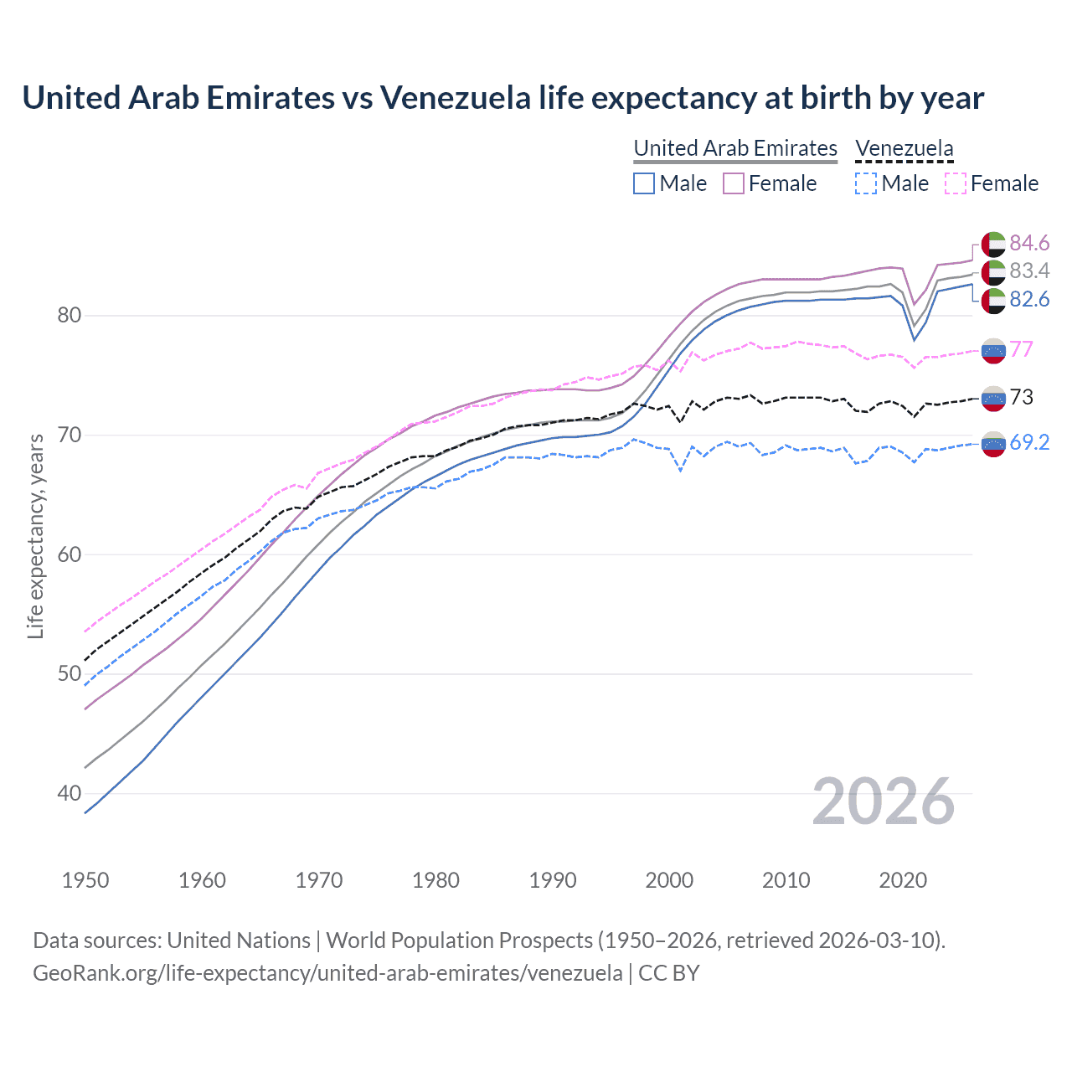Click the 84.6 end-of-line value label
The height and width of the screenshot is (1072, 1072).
pos(1028,243)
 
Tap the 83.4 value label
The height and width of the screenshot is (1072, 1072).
pos(1028,271)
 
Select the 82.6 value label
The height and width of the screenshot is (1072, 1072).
pos(1028,299)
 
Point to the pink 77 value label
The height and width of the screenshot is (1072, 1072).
pos(1021,349)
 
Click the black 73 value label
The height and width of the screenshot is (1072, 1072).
pos(1021,397)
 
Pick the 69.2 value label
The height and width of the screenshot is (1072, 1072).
pos(1028,442)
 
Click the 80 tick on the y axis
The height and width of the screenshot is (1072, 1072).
pos(70,316)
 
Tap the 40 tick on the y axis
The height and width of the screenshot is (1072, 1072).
pos(70,793)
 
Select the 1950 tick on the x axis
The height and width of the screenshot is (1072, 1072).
pos(85,880)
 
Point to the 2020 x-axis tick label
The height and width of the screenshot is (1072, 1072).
pos(903,880)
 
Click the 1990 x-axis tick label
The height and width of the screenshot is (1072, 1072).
pos(553,880)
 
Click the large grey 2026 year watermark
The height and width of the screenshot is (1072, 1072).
pos(884,801)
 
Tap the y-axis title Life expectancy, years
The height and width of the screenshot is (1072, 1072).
pos(35,536)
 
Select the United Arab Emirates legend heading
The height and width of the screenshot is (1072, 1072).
pos(735,148)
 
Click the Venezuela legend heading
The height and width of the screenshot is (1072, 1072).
pos(904,148)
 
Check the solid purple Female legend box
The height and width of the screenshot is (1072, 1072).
pos(734,183)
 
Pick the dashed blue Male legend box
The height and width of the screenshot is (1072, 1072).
pos(866,183)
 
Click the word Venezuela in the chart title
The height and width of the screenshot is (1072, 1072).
pos(455,97)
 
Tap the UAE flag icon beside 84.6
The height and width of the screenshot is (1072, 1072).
pos(993,244)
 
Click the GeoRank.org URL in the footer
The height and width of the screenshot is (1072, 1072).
pos(327,973)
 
